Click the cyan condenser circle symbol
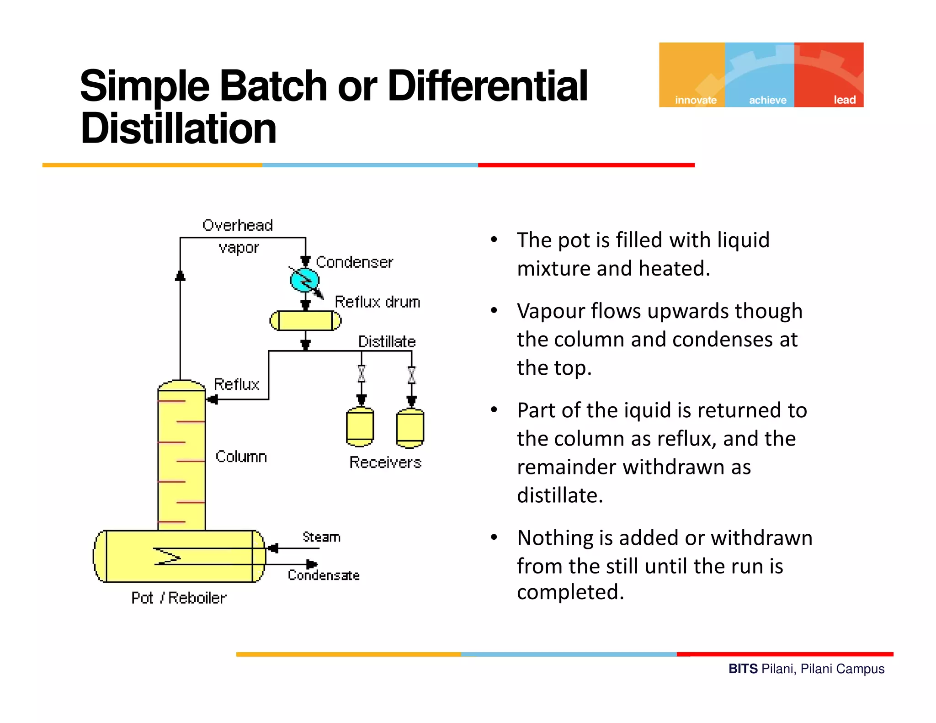304,280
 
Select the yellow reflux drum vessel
305,320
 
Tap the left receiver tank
360,427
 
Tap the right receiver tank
410,428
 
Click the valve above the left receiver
362,374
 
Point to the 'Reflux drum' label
378,302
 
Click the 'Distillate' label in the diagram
387,342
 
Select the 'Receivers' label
385,463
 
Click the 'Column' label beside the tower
241,457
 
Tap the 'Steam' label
321,537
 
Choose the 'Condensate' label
324,575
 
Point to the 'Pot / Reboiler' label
179,598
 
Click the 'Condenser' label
354,262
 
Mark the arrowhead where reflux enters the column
212,400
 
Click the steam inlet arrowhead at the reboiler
273,548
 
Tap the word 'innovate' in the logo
696,100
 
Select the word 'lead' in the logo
845,100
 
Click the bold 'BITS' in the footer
743,669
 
